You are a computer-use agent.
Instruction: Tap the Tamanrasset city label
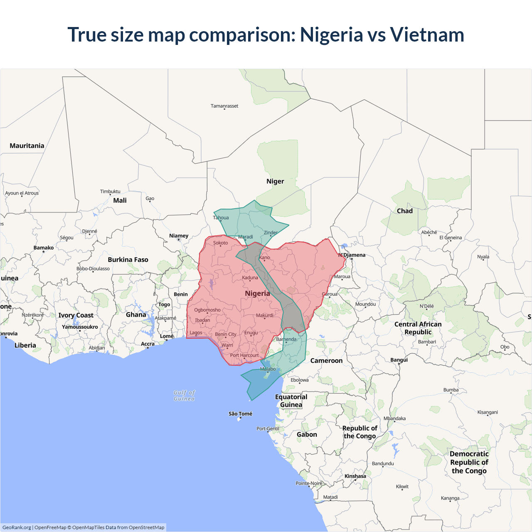point(224,106)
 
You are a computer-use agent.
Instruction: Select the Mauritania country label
point(27,146)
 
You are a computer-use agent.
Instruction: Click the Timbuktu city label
point(110,192)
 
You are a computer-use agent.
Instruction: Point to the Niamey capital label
point(179,236)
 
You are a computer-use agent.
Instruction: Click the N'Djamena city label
point(352,255)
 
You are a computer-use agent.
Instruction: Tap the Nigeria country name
point(257,293)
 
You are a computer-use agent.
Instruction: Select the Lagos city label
point(196,332)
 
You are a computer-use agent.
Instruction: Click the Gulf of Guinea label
point(184,395)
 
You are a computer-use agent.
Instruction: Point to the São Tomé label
point(240,414)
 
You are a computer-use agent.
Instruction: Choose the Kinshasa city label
point(355,476)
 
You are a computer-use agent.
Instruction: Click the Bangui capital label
point(399,360)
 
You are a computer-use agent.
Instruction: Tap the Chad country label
point(405,211)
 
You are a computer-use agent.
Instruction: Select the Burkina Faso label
point(128,260)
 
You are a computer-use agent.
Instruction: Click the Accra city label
point(148,344)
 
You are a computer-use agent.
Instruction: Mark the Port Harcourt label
point(244,355)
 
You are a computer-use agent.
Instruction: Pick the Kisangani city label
point(488,412)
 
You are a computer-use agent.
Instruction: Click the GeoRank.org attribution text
point(17,527)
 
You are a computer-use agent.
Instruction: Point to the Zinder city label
point(271,233)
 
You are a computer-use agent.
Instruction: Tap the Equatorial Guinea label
point(291,401)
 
